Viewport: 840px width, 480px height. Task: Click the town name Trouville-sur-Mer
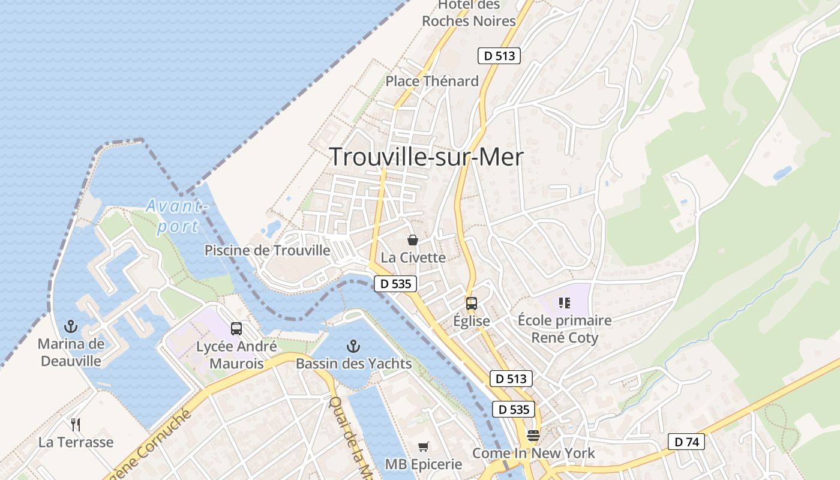click(427, 157)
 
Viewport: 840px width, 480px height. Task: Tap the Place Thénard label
click(432, 81)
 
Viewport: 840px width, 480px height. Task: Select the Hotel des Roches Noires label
click(469, 13)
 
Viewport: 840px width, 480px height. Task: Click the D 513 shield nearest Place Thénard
click(499, 56)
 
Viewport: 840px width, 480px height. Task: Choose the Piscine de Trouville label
click(268, 250)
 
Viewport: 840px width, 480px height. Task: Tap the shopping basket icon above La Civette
click(413, 240)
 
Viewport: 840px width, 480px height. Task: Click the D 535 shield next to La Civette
click(395, 284)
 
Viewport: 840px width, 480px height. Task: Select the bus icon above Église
click(472, 303)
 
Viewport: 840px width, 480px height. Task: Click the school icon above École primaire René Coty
click(564, 302)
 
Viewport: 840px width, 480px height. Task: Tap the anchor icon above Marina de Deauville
click(71, 326)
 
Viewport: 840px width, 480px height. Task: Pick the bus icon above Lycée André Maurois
click(236, 329)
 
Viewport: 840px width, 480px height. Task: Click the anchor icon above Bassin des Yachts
click(353, 346)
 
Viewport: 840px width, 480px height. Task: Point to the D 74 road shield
click(686, 442)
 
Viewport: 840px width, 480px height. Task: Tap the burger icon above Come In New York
click(533, 435)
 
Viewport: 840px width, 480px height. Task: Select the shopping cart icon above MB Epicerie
click(424, 446)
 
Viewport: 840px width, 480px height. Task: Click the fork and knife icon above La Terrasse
click(76, 425)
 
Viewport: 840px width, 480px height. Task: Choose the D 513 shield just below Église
click(511, 379)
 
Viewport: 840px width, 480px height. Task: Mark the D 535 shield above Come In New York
click(514, 409)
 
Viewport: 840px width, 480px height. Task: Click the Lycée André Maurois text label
click(236, 355)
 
